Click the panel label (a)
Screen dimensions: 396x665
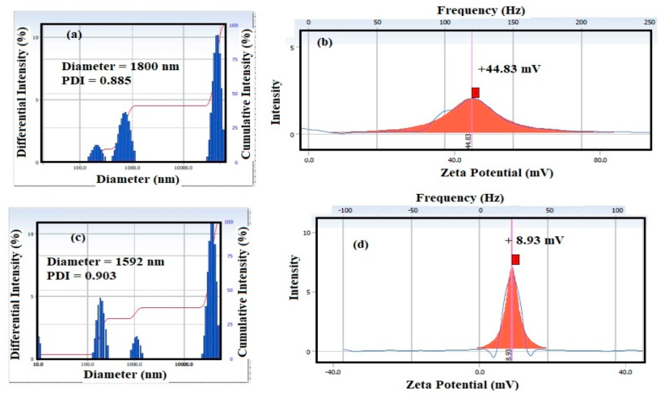(x=74, y=35)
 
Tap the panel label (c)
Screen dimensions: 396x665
(x=78, y=238)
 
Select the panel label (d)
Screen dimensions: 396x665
(x=360, y=245)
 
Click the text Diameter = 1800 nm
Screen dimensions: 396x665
(x=120, y=66)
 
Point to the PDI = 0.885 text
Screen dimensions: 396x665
(x=96, y=80)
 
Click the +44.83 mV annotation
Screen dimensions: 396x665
(x=509, y=69)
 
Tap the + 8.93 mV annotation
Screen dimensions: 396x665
(x=534, y=240)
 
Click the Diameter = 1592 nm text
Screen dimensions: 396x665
(x=106, y=262)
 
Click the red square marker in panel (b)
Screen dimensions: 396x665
(x=475, y=93)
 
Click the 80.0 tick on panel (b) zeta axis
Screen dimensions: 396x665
(x=599, y=160)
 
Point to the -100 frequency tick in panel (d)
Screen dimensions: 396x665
(x=345, y=210)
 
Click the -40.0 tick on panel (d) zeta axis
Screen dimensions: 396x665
(x=333, y=372)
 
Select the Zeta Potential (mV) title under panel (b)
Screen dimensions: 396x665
(x=497, y=173)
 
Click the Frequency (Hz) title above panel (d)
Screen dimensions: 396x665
(x=459, y=198)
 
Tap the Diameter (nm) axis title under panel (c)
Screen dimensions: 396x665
(x=125, y=374)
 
